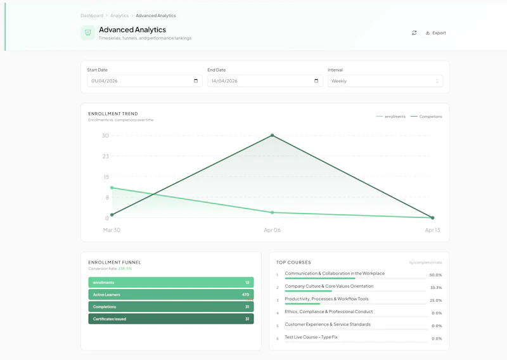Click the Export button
pyautogui.click(x=436, y=33)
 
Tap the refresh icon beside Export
pyautogui.click(x=414, y=33)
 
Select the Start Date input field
pyautogui.click(x=139, y=81)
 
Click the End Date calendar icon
pyautogui.click(x=316, y=81)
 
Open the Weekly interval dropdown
pyautogui.click(x=385, y=81)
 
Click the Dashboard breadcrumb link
pyautogui.click(x=92, y=15)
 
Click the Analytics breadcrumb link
pyautogui.click(x=119, y=15)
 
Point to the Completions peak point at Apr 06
pyautogui.click(x=273, y=136)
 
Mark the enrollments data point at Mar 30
pyautogui.click(x=112, y=188)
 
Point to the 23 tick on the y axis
pyautogui.click(x=105, y=156)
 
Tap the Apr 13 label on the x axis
pyautogui.click(x=433, y=230)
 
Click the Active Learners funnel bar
pyautogui.click(x=171, y=295)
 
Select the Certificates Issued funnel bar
pyautogui.click(x=171, y=319)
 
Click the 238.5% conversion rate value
pyautogui.click(x=125, y=269)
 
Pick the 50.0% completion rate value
pyautogui.click(x=435, y=275)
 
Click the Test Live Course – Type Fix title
pyautogui.click(x=311, y=337)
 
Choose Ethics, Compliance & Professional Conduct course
pyautogui.click(x=328, y=312)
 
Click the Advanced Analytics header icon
pyautogui.click(x=87, y=33)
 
